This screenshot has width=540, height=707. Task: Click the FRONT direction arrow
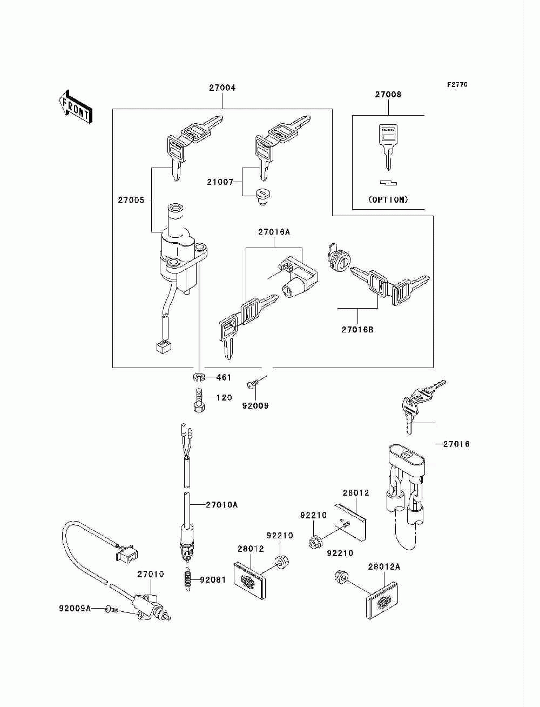[76, 106]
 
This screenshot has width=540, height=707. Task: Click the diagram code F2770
[457, 85]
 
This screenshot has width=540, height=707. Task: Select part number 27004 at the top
[222, 88]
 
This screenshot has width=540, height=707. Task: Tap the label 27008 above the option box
[388, 95]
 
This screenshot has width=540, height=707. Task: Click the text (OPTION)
[388, 199]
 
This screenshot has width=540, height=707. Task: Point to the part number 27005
[131, 200]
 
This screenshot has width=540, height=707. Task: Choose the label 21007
[220, 182]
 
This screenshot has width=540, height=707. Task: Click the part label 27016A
[274, 231]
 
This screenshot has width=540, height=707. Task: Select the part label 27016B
[357, 330]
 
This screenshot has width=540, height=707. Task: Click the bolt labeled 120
[199, 400]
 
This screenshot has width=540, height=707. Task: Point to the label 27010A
[222, 505]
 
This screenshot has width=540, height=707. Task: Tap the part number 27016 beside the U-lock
[456, 444]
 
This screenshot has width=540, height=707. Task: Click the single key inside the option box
[388, 147]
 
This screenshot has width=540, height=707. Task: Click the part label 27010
[151, 574]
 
